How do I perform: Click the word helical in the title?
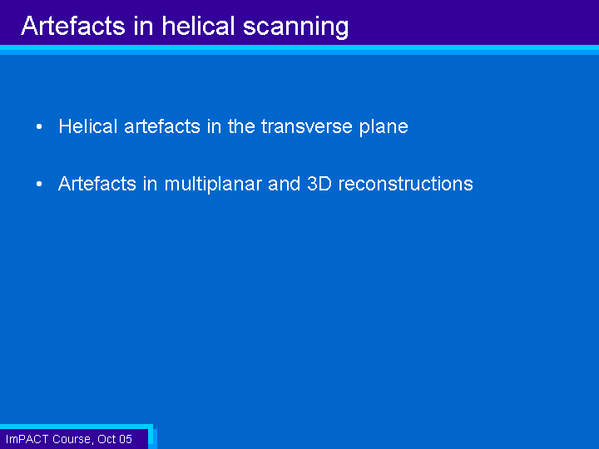click(x=198, y=26)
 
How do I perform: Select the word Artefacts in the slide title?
click(x=73, y=26)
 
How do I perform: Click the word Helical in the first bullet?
click(x=88, y=126)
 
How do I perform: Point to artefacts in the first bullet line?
click(x=162, y=126)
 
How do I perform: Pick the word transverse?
click(x=307, y=126)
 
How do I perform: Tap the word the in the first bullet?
click(x=241, y=126)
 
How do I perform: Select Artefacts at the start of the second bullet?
click(x=97, y=184)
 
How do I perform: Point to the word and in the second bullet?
click(x=285, y=184)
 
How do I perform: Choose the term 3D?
click(x=319, y=184)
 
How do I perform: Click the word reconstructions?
click(x=406, y=184)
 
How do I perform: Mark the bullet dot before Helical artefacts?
click(x=39, y=126)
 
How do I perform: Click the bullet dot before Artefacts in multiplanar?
click(x=39, y=184)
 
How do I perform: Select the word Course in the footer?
click(x=72, y=440)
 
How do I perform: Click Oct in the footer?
click(x=106, y=439)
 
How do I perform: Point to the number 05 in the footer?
click(x=126, y=439)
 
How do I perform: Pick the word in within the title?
click(x=144, y=26)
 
